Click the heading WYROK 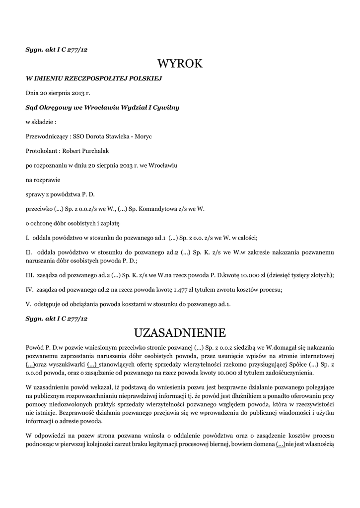tap(180, 63)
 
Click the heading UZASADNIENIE tap(180, 332)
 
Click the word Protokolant tap(42, 150)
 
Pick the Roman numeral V tap(28, 304)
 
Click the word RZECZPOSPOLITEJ tap(92, 78)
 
